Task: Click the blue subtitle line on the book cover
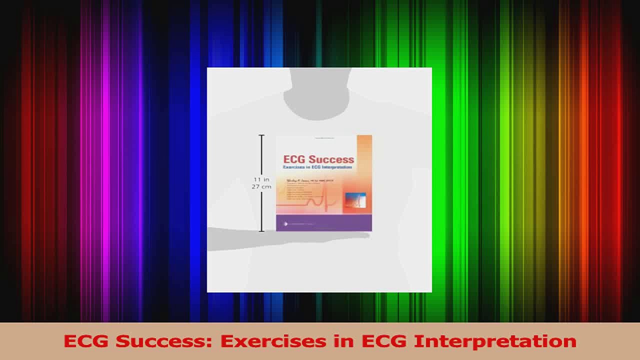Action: (x=317, y=167)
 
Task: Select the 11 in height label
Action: (x=261, y=179)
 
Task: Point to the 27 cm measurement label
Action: (x=261, y=186)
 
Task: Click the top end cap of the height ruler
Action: (x=261, y=135)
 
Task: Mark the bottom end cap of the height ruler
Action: (x=261, y=231)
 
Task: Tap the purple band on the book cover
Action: (x=323, y=223)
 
